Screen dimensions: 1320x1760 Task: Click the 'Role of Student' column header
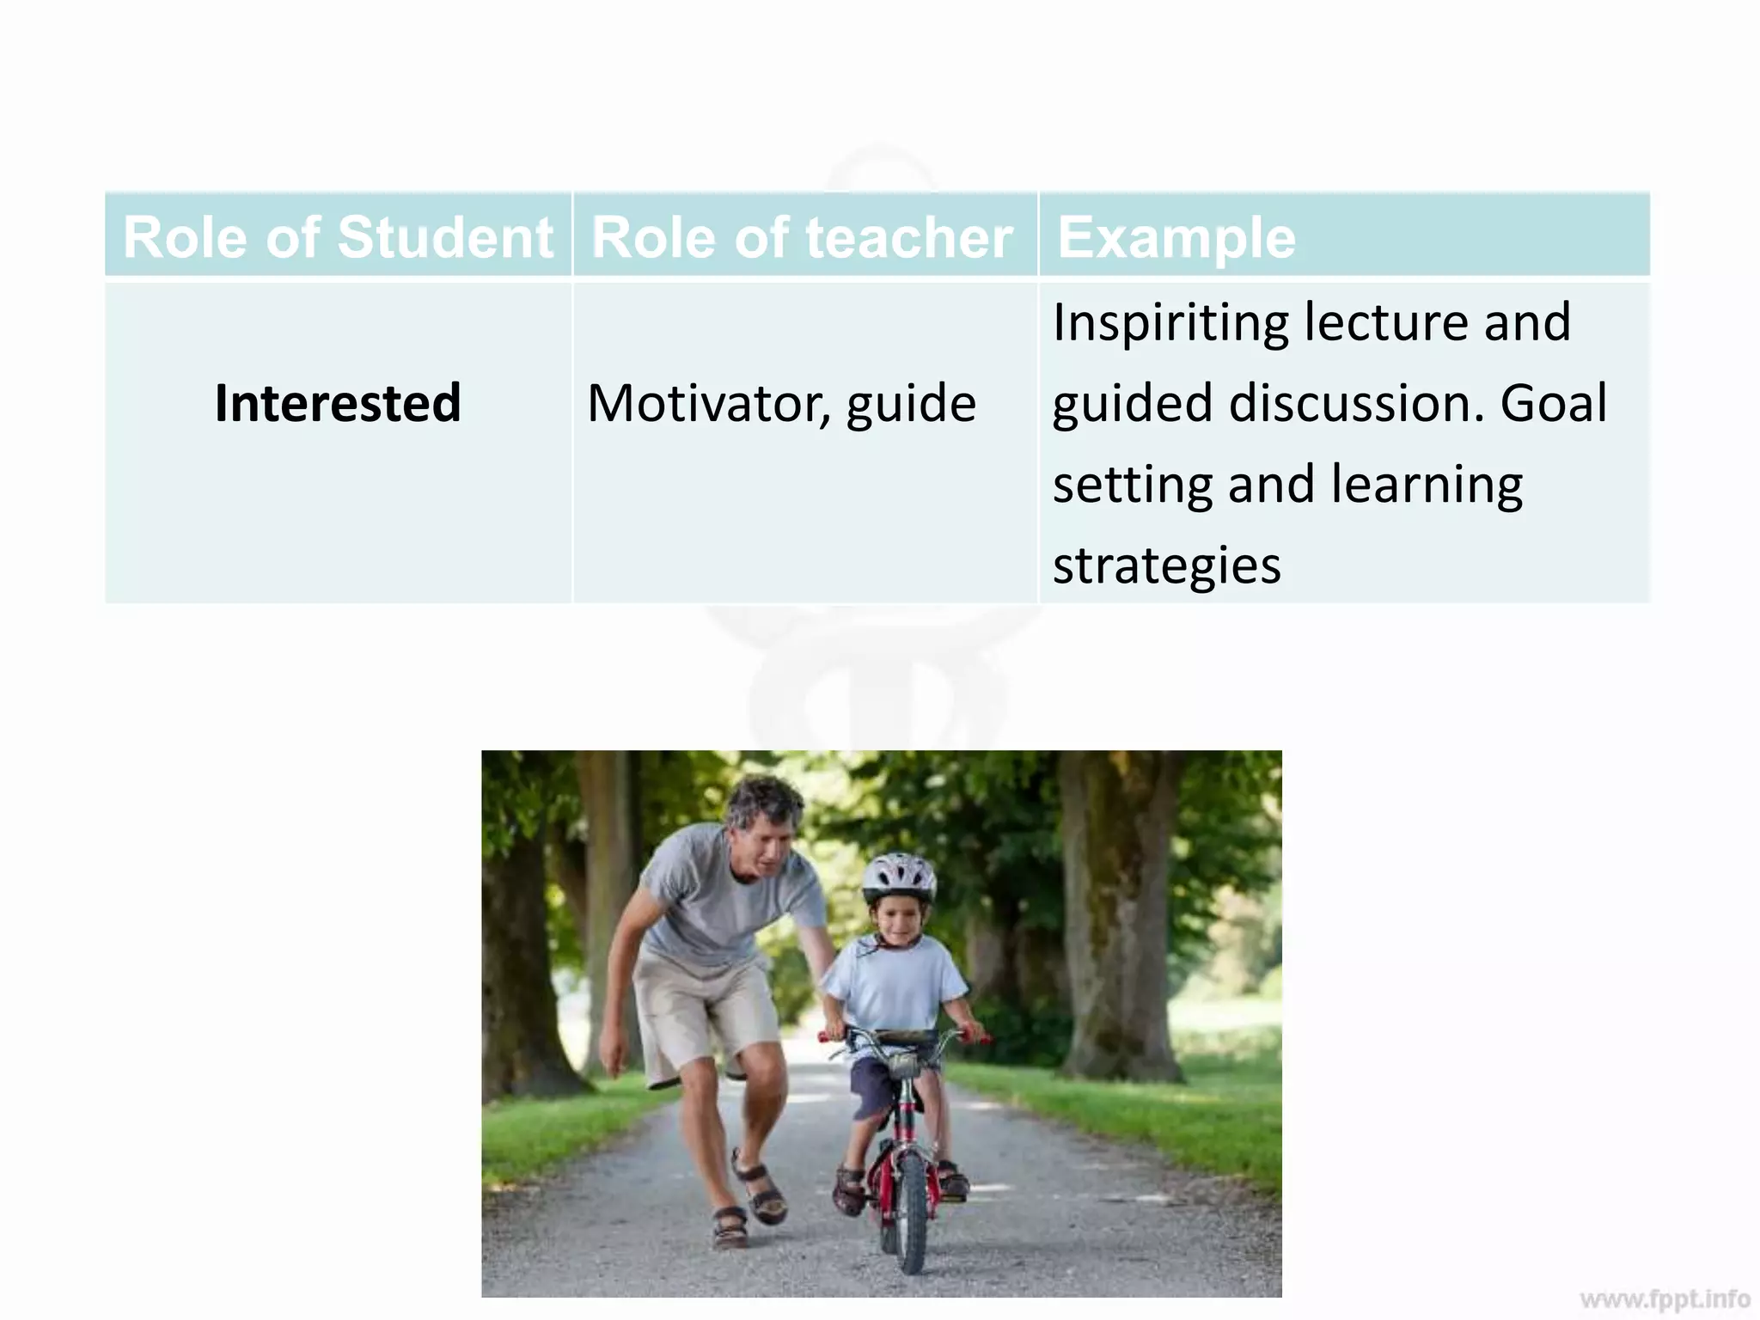tap(338, 237)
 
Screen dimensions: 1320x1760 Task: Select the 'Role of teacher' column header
tap(802, 237)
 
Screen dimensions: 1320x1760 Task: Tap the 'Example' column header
tap(1176, 237)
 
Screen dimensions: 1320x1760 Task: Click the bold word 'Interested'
tap(338, 402)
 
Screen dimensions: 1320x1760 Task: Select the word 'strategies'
tap(1166, 565)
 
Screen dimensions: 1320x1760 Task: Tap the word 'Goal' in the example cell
tap(1553, 402)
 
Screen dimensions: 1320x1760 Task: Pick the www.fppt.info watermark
tap(1665, 1298)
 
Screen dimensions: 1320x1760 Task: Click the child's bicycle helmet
tap(899, 877)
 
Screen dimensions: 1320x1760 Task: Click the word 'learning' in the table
tap(1427, 485)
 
